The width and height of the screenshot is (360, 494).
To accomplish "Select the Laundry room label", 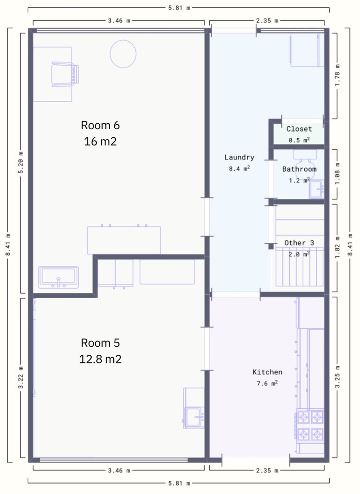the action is (240, 157).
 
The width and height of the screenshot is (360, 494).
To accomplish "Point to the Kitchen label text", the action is (267, 372).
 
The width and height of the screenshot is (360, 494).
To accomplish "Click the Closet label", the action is (299, 129).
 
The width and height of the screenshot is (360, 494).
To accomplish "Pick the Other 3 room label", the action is (299, 243).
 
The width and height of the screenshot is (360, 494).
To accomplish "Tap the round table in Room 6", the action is (123, 54).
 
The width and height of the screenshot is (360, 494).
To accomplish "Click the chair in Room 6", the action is (65, 74).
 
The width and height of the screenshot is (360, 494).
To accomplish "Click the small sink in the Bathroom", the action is (316, 189).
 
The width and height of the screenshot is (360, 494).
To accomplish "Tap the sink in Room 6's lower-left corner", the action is (59, 277).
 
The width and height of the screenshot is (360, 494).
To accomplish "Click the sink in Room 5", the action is (194, 418).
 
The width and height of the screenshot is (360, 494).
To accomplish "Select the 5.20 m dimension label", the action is (21, 163).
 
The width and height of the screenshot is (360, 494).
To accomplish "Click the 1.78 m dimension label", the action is (337, 75).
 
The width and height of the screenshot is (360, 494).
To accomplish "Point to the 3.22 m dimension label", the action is (21, 377).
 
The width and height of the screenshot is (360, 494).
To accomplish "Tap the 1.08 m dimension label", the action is (337, 174).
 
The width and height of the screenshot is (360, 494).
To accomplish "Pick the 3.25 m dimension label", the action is (337, 376).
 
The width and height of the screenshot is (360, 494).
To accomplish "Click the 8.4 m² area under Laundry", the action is (240, 169).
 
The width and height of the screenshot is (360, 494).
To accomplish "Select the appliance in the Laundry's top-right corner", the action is (307, 50).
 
